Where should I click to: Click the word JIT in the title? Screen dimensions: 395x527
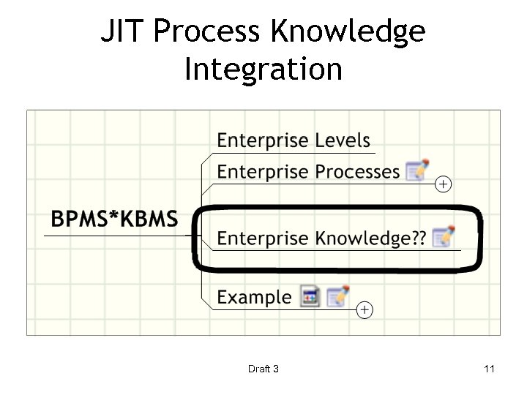coord(123,31)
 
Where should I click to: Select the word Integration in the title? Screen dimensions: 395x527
coord(263,69)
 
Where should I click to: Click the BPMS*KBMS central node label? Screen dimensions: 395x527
coord(114,218)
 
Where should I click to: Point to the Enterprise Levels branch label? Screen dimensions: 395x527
coord(294,140)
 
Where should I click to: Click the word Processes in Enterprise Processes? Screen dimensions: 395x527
coord(357,172)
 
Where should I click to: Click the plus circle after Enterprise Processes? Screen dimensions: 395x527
coord(443,184)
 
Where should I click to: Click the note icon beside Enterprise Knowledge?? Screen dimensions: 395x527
coord(444,237)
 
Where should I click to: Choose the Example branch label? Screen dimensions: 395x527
coord(254,298)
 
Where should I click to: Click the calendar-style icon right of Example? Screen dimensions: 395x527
coord(310,297)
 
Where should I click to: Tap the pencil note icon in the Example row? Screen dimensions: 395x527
coord(337,296)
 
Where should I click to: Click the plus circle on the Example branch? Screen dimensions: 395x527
coord(365,310)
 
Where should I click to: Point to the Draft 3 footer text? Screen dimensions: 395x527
coord(263,369)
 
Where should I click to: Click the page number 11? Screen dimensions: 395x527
coord(489,369)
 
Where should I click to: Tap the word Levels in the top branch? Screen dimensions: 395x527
coord(343,140)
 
